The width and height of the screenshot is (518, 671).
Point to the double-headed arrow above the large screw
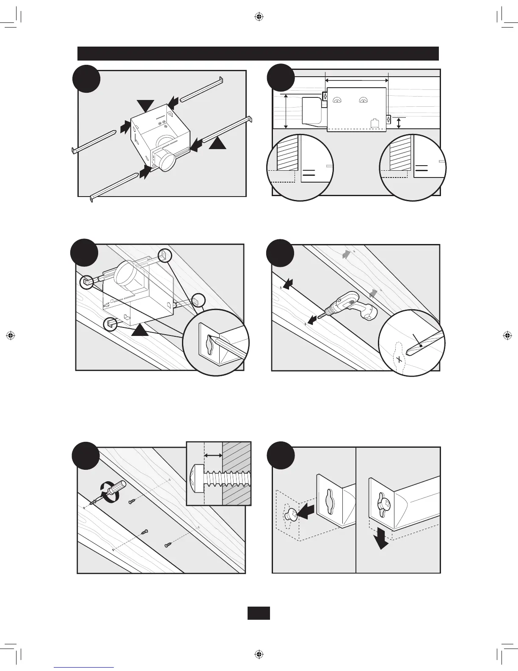pos(213,455)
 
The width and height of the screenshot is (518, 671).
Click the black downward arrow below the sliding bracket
pos(382,541)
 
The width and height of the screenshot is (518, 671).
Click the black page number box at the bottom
pos(259,613)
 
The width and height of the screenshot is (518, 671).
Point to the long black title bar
pos(258,54)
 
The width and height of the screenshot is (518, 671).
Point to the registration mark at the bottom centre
pos(259,654)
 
